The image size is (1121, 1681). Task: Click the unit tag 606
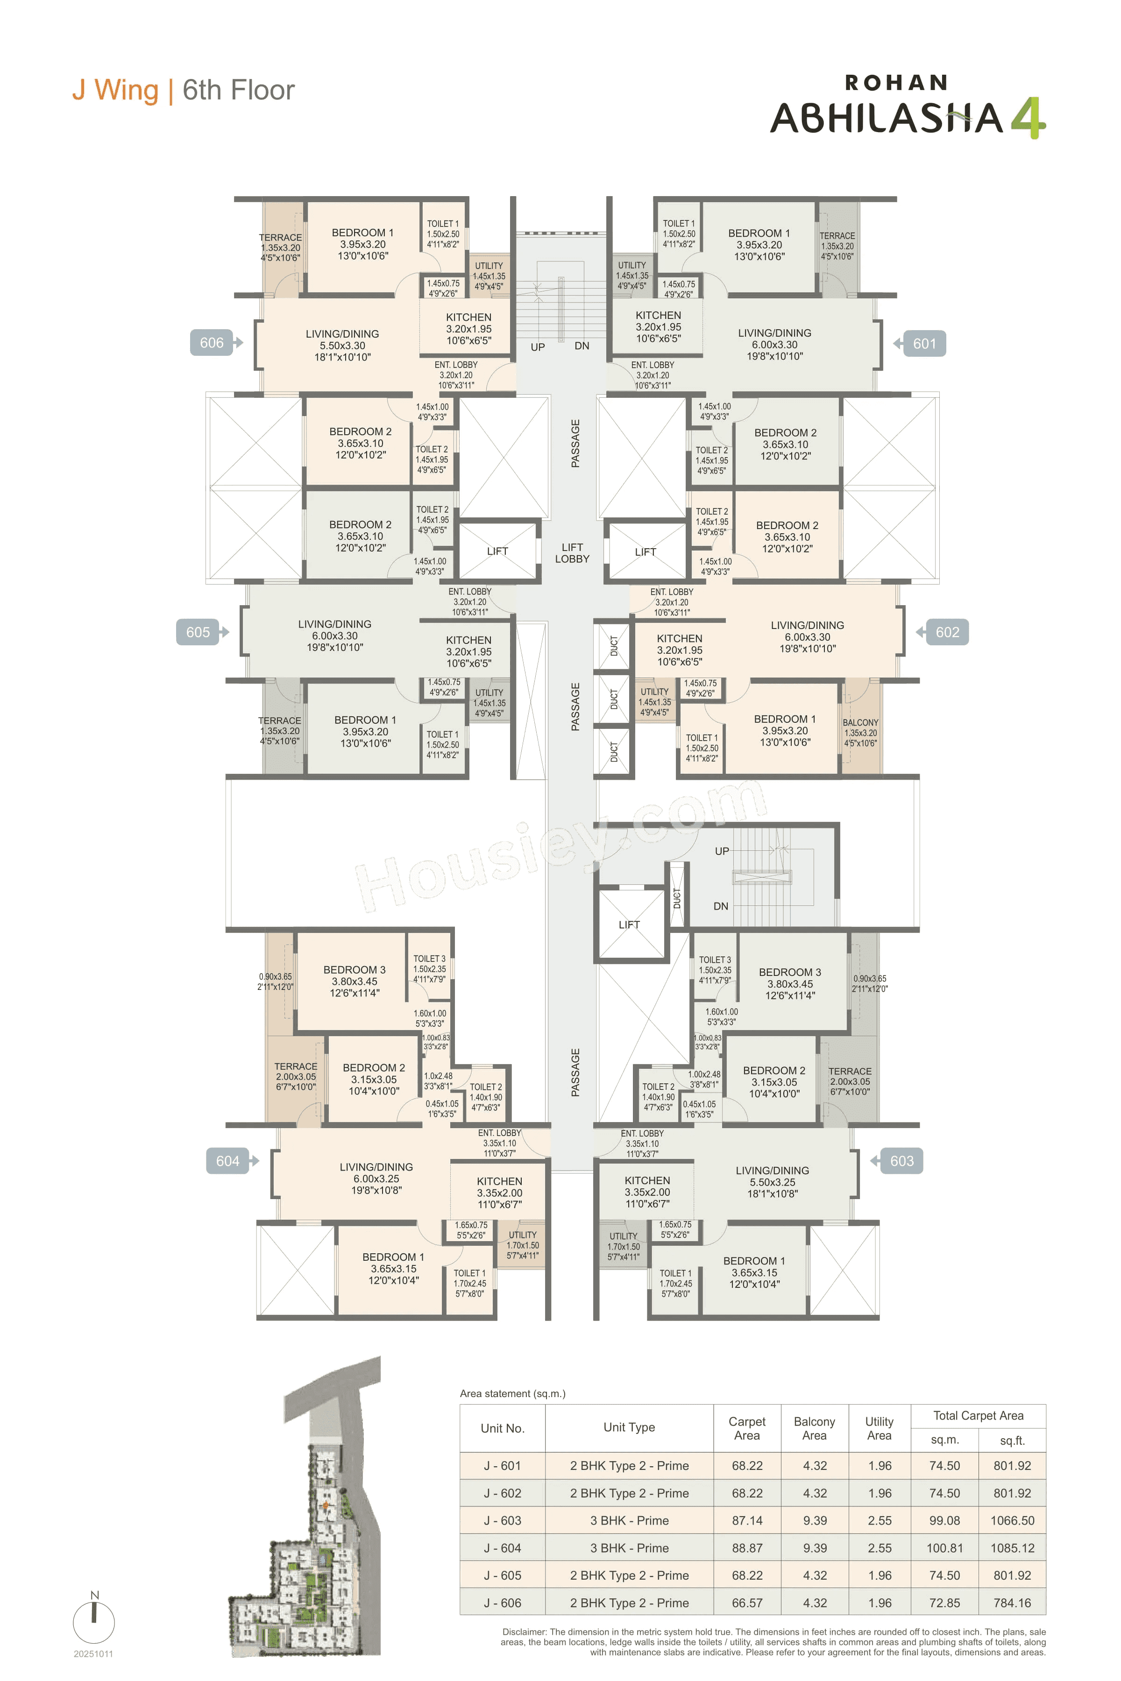(x=212, y=343)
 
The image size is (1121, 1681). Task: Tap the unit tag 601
(x=924, y=344)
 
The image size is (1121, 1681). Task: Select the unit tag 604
(x=227, y=1161)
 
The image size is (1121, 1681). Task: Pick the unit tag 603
(x=901, y=1161)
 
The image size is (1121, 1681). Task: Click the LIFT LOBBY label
(x=572, y=553)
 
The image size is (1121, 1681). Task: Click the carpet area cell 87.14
(x=746, y=1521)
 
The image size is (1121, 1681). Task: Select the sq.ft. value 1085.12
(x=1012, y=1548)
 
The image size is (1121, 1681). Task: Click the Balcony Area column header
(x=814, y=1429)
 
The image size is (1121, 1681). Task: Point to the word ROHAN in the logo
(x=896, y=83)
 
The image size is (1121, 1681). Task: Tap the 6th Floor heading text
(x=238, y=90)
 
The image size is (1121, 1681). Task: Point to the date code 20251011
(x=93, y=1654)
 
